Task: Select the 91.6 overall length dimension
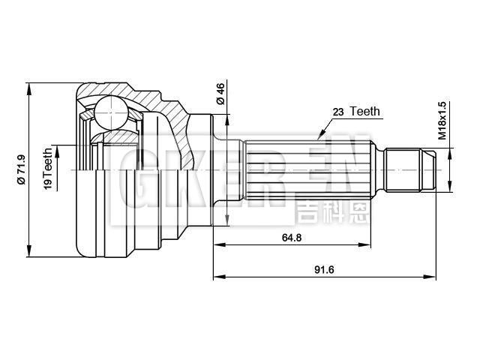coord(324,269)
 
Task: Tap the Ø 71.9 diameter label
coord(22,170)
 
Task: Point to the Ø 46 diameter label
coord(220,94)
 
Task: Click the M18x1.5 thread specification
coord(442,121)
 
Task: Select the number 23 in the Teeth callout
coord(338,112)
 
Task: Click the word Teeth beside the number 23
coord(365,112)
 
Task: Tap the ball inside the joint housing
coord(111,112)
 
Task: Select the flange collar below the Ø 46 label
coord(219,169)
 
